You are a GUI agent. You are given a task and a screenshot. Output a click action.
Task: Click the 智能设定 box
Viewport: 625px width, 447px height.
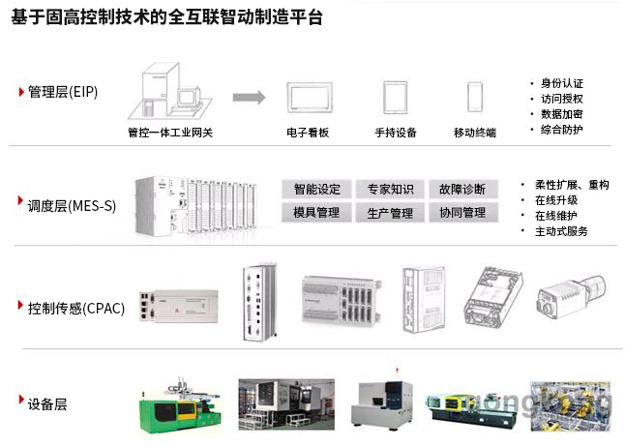tap(316, 189)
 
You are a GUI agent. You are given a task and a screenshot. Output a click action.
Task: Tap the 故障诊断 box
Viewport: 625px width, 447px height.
tap(461, 189)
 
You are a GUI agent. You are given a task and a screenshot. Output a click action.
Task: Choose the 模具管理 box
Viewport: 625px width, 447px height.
tap(316, 213)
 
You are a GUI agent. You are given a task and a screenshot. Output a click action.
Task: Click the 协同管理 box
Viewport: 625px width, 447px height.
tap(461, 213)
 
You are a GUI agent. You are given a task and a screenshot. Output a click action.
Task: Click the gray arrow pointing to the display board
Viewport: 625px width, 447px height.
tap(249, 97)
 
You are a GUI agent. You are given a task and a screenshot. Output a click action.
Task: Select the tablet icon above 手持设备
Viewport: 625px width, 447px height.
tap(395, 97)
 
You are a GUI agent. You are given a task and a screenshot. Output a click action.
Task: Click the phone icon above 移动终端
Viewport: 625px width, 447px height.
tap(475, 97)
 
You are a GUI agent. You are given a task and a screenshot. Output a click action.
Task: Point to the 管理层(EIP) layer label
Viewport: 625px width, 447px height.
tap(62, 92)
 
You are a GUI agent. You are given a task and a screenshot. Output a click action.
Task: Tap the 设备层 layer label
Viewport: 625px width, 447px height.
tap(47, 403)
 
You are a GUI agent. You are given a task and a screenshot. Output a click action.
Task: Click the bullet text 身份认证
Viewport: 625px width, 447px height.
tap(562, 83)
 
